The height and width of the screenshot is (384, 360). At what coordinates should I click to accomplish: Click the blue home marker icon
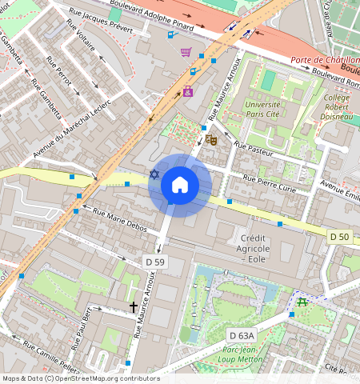(x=180, y=186)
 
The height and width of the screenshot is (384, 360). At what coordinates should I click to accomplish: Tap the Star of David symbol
(x=154, y=174)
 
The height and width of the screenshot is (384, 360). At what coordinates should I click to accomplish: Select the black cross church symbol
(x=134, y=307)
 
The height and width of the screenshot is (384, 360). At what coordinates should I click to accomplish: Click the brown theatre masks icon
(x=212, y=139)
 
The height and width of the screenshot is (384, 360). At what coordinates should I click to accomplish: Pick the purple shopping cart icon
(x=186, y=52)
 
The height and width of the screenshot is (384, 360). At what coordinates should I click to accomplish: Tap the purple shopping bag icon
(x=188, y=91)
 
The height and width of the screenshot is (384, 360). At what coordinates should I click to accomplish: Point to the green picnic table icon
(x=302, y=302)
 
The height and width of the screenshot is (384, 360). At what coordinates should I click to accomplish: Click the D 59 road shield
(x=155, y=262)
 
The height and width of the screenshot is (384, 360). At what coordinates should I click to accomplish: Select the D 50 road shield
(x=340, y=236)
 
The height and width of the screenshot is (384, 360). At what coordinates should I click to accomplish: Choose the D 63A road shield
(x=241, y=335)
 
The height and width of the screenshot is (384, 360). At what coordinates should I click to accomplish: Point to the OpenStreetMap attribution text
(x=80, y=378)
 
